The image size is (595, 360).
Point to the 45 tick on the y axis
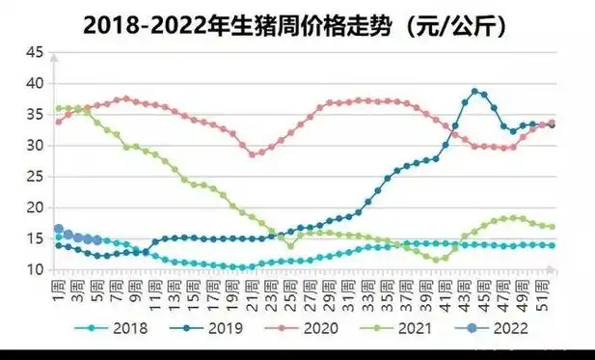tap(36, 52)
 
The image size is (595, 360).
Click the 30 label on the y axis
tap(36, 146)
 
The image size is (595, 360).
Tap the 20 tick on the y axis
tap(36, 208)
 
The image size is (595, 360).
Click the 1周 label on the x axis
tap(59, 289)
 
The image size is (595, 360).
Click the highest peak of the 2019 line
tap(474, 92)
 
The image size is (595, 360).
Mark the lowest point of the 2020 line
tap(254, 154)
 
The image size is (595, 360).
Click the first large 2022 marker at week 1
tap(58, 230)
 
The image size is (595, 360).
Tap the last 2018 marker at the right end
tap(551, 245)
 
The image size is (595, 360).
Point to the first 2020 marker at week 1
tap(58, 122)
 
